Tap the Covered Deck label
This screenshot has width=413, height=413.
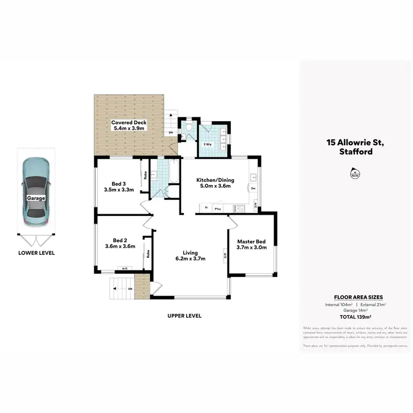[x=128, y=122]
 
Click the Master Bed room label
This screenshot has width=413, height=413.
[x=252, y=242]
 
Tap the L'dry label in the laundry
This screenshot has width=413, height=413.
[x=208, y=144]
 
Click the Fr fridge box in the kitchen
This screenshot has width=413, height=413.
[x=205, y=208]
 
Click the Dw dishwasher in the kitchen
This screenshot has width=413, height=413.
[x=253, y=188]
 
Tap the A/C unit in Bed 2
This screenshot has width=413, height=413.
[x=124, y=269]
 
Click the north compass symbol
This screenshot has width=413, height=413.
[x=353, y=175]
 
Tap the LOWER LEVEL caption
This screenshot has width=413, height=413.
[x=36, y=253]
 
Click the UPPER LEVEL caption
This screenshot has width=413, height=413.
[x=184, y=316]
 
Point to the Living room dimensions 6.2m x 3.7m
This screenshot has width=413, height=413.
[x=190, y=258]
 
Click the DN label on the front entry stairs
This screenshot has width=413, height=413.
[x=130, y=289]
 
